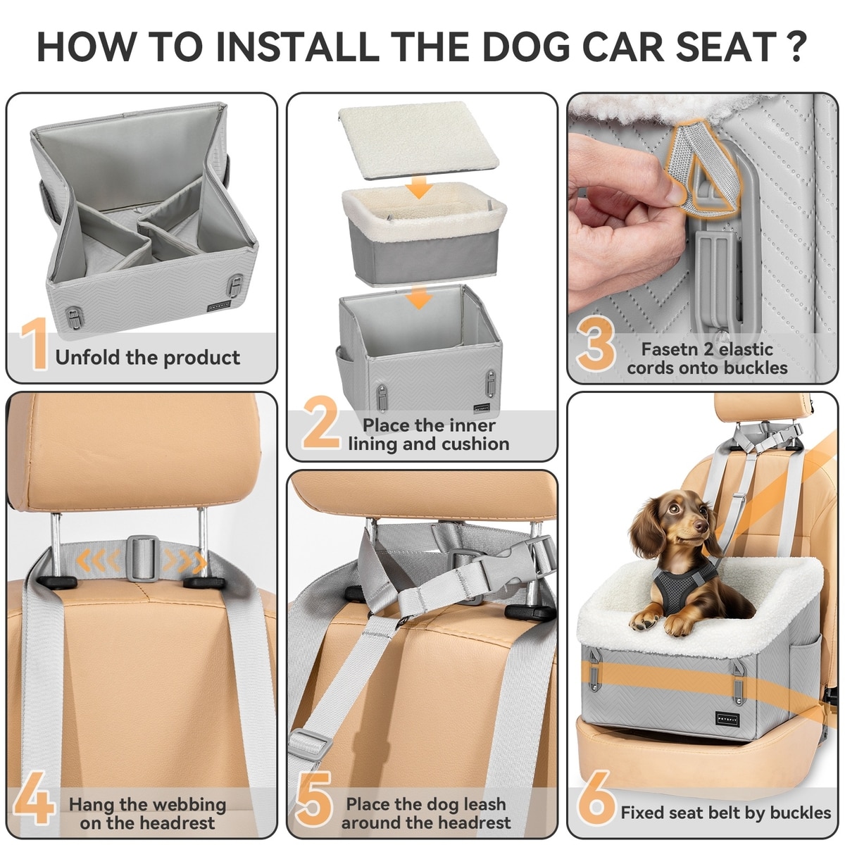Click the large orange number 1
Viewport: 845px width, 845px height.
pyautogui.click(x=35, y=344)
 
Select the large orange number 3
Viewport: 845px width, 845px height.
pyautogui.click(x=596, y=344)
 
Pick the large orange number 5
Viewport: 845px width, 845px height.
pyautogui.click(x=314, y=799)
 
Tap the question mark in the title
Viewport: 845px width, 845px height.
pyautogui.click(x=794, y=46)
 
